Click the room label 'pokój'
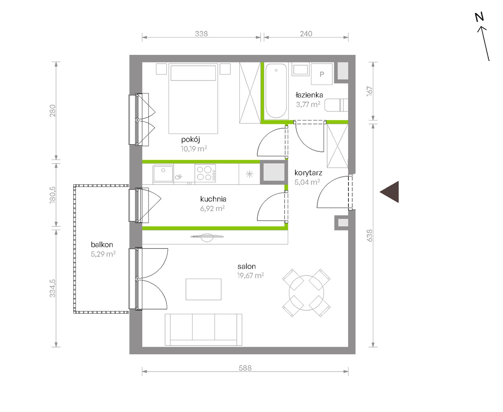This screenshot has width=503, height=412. pos(191,140)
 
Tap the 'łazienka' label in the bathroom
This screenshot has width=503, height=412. pos(309,95)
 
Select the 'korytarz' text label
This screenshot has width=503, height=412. pos(308,173)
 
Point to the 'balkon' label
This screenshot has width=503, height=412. pos(102,244)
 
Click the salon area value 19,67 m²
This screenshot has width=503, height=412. pos(250,276)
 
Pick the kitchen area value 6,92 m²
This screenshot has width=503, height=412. pos(212,209)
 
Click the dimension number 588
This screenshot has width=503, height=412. pos(245,368)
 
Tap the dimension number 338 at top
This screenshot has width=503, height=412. pos(201,34)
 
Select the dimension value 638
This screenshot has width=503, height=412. pos(370,235)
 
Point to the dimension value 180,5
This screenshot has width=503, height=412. pos(52,195)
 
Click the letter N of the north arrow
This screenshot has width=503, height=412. pos(479,17)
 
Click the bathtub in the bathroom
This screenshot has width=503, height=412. pos(276,91)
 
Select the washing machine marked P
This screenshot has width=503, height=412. pos(322,74)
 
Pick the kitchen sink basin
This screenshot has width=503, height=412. pos(163,173)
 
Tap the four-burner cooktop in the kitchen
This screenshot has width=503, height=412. pos(205,173)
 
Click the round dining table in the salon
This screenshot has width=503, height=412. pos(306,293)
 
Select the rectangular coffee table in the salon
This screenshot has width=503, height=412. pos(203,289)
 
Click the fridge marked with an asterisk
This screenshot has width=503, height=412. pos(249,174)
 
